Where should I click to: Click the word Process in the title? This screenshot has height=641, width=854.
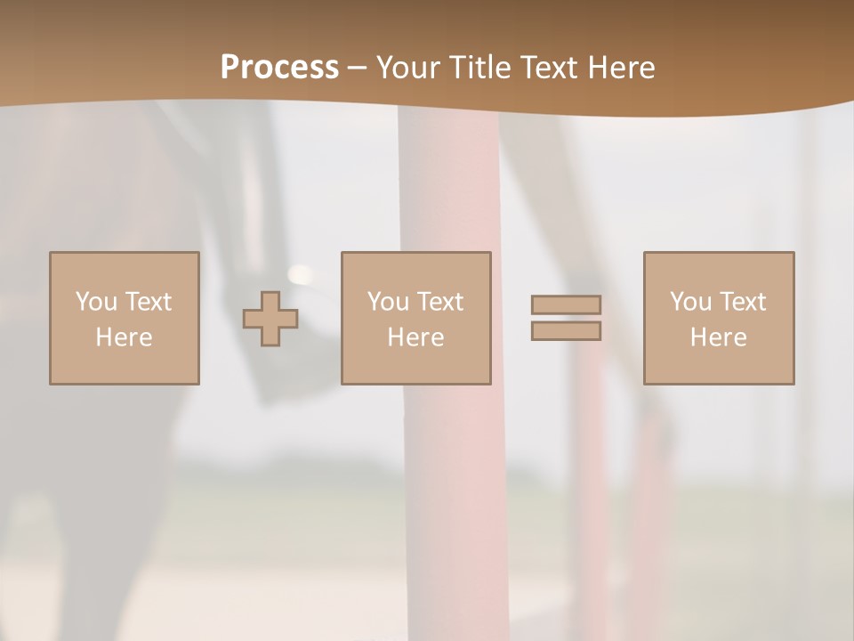coord(279,68)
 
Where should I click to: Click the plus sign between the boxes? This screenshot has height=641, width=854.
coord(270,319)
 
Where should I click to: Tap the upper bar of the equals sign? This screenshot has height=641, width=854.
coord(566,304)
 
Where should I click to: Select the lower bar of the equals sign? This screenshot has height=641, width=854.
coord(566,331)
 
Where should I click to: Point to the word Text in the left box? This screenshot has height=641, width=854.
coord(148,302)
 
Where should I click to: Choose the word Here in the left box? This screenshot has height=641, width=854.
coord(124,337)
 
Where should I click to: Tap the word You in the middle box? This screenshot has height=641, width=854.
coord(389,302)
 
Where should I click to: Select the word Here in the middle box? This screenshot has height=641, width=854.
coord(415,337)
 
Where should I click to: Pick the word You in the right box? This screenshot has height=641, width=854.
coord(691,302)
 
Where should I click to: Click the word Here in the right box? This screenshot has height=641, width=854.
coord(718,337)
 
